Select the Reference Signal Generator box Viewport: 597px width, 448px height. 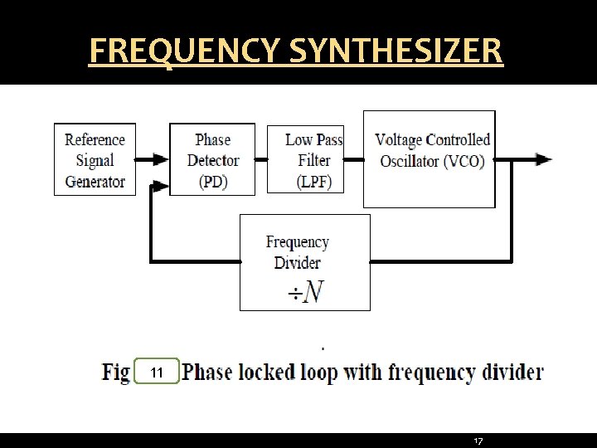click(95, 160)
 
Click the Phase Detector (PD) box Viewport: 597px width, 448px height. click(212, 160)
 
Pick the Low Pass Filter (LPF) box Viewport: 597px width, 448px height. click(305, 160)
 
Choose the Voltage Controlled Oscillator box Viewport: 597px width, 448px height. click(430, 158)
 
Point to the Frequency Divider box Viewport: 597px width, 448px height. click(304, 262)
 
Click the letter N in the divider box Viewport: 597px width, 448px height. click(313, 292)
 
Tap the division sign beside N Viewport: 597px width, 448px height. click(294, 294)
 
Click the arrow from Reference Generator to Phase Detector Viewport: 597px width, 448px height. click(153, 159)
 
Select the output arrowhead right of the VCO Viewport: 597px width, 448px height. click(544, 159)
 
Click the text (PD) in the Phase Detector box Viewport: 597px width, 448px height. click(213, 182)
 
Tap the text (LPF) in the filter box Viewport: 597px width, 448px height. click(313, 182)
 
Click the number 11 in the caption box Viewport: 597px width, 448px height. click(157, 373)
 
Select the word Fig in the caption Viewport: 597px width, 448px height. click(115, 372)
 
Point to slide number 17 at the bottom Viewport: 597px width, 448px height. click(478, 441)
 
